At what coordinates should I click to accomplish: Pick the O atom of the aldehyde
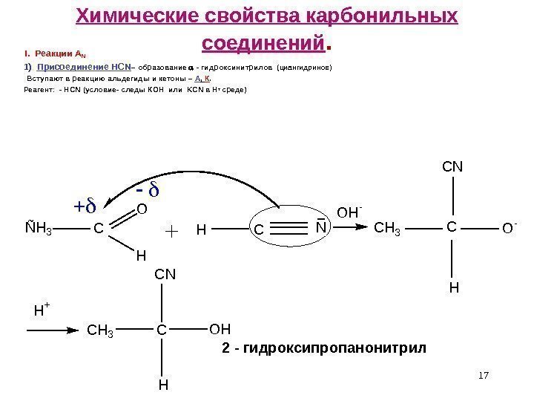coord(143,211)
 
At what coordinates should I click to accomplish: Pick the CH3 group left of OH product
coord(102,328)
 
